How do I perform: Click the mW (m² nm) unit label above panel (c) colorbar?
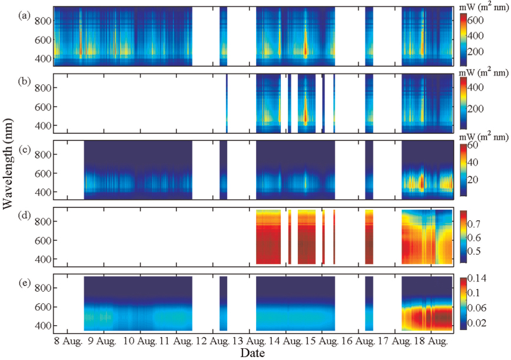point(482,137)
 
